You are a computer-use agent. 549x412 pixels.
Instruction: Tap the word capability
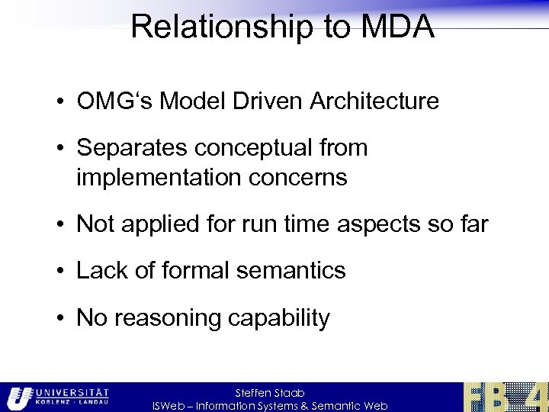(277, 317)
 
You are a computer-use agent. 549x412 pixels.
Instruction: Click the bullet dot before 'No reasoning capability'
(64, 318)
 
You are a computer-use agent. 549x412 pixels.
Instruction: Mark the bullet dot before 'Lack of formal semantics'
(64, 272)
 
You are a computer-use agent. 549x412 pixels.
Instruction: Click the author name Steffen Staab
(270, 392)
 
